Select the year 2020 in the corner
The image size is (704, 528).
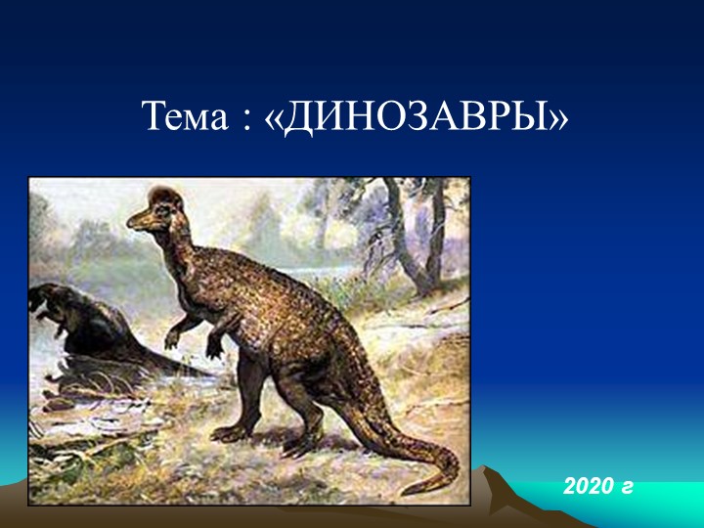pos(588,484)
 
